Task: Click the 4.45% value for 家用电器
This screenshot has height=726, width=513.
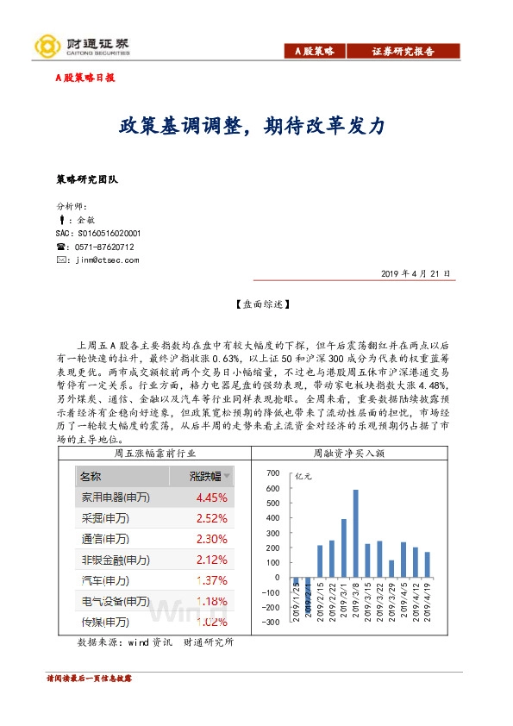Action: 211,498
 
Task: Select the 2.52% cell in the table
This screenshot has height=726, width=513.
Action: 211,518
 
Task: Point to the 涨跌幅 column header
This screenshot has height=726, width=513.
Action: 204,476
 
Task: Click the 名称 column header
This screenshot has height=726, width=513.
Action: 91,476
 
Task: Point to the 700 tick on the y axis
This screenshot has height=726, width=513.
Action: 274,474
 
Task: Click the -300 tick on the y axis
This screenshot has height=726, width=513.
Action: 272,622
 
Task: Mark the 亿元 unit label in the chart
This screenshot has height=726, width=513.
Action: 304,475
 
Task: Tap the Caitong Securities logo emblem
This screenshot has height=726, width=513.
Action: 44,47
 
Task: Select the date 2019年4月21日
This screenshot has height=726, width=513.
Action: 416,273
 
